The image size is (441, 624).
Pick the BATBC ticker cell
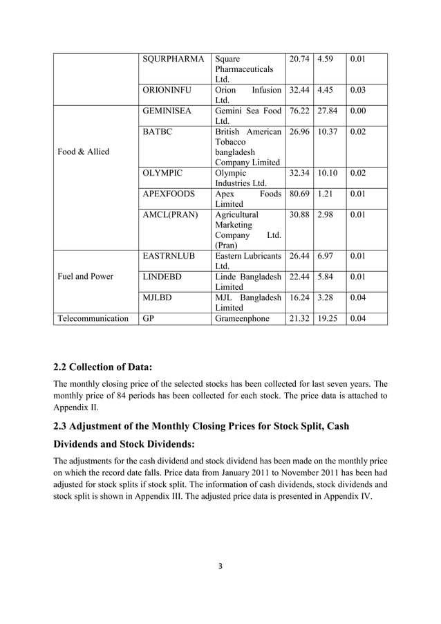pos(156,131)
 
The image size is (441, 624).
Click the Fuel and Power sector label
pos(86,276)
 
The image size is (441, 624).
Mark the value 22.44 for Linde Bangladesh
pos(299,276)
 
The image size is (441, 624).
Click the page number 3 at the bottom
pos(220,565)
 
